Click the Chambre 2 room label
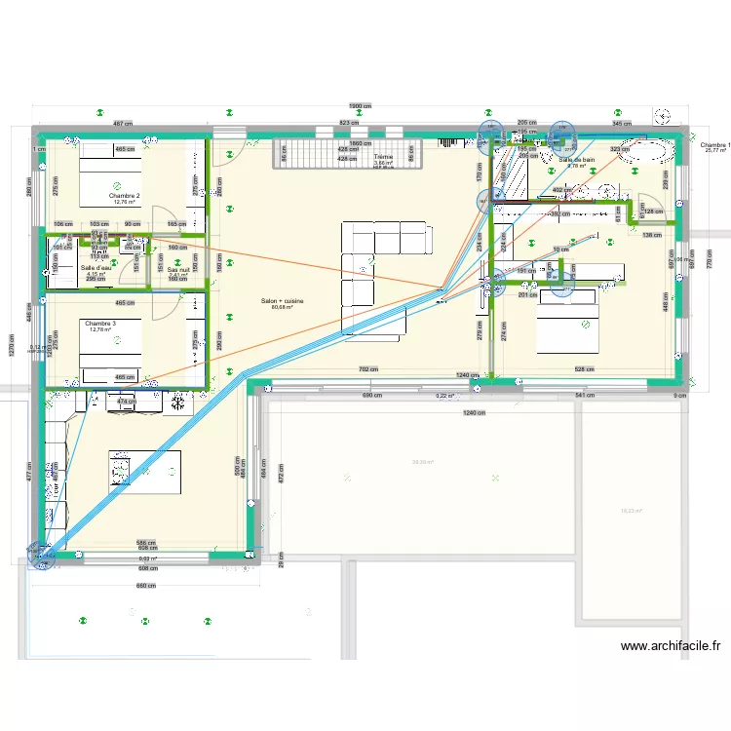[x=125, y=196]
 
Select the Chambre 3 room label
[x=100, y=324]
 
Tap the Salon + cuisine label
[x=283, y=302]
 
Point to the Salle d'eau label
[x=96, y=268]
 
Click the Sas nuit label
[x=178, y=270]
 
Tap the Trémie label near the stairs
[x=383, y=157]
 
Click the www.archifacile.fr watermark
[x=670, y=645]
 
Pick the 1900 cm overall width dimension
[x=360, y=106]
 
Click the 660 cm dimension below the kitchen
[x=145, y=586]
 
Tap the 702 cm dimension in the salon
[x=367, y=369]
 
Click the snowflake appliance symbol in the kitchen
[x=179, y=399]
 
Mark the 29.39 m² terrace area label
[x=423, y=463]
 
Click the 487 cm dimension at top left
[x=123, y=124]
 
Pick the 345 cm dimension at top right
[x=621, y=124]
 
